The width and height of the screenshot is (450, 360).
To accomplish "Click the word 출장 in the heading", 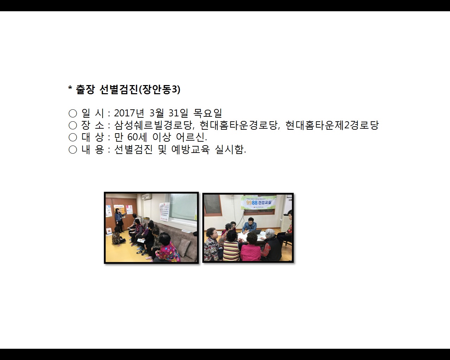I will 85,90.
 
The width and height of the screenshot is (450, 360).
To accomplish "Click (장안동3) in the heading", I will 160,90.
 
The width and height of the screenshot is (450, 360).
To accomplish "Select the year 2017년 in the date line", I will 129,113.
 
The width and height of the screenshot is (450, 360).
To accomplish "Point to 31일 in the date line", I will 178,113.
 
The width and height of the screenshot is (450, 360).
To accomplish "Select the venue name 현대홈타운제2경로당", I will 332,125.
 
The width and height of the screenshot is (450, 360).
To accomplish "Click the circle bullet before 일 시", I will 73,113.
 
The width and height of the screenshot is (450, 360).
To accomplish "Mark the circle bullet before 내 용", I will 73,150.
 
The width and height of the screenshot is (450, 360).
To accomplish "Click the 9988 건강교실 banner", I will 259,203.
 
